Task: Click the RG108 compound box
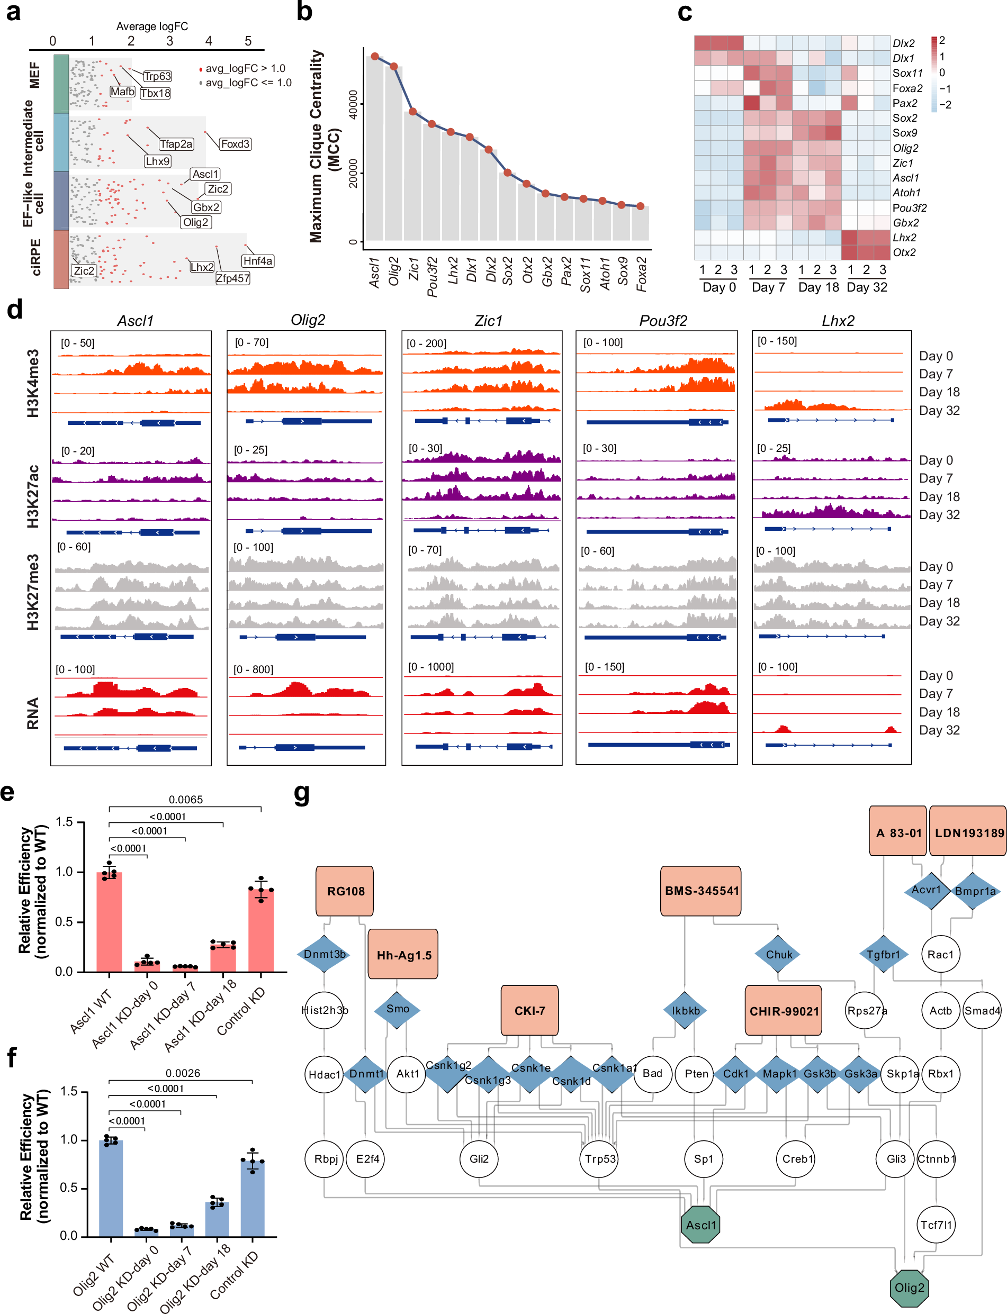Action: click(345, 891)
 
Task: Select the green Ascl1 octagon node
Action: click(700, 1225)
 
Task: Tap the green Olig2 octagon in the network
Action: click(909, 1288)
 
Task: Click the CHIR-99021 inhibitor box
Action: click(784, 1011)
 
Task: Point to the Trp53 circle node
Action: click(599, 1159)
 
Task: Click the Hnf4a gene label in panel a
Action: click(258, 261)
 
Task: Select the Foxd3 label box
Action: click(235, 144)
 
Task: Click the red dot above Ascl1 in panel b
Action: click(375, 56)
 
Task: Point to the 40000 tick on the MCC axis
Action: click(353, 105)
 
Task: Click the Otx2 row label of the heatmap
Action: click(904, 252)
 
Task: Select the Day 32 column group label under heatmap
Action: click(867, 287)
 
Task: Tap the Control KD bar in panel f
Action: click(253, 1198)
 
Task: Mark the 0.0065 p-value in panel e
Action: click(185, 799)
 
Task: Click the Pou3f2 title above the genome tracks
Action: click(662, 321)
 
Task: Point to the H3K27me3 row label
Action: click(32, 592)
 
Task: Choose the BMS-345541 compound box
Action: click(702, 891)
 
